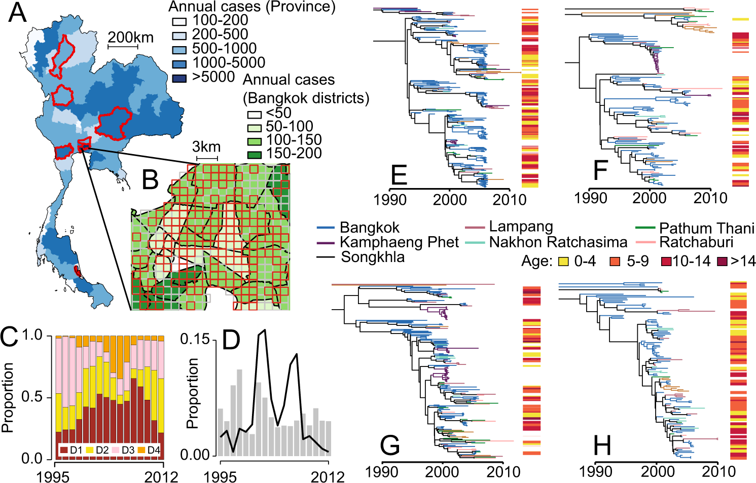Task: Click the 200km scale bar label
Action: [130, 38]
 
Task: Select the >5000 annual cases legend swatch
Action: [179, 78]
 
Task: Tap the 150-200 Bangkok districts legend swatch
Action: [254, 154]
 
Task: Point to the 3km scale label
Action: [206, 147]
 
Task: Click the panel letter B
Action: [150, 180]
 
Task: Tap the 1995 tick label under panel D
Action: [220, 476]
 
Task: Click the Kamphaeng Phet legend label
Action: [399, 242]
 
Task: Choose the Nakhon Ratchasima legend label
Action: [558, 242]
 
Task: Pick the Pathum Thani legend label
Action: [706, 228]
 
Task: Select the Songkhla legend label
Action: [373, 257]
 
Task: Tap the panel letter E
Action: [399, 175]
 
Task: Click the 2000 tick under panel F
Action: [650, 198]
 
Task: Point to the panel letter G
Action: [390, 445]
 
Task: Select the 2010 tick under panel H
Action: [718, 472]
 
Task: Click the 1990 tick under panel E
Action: [390, 199]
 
